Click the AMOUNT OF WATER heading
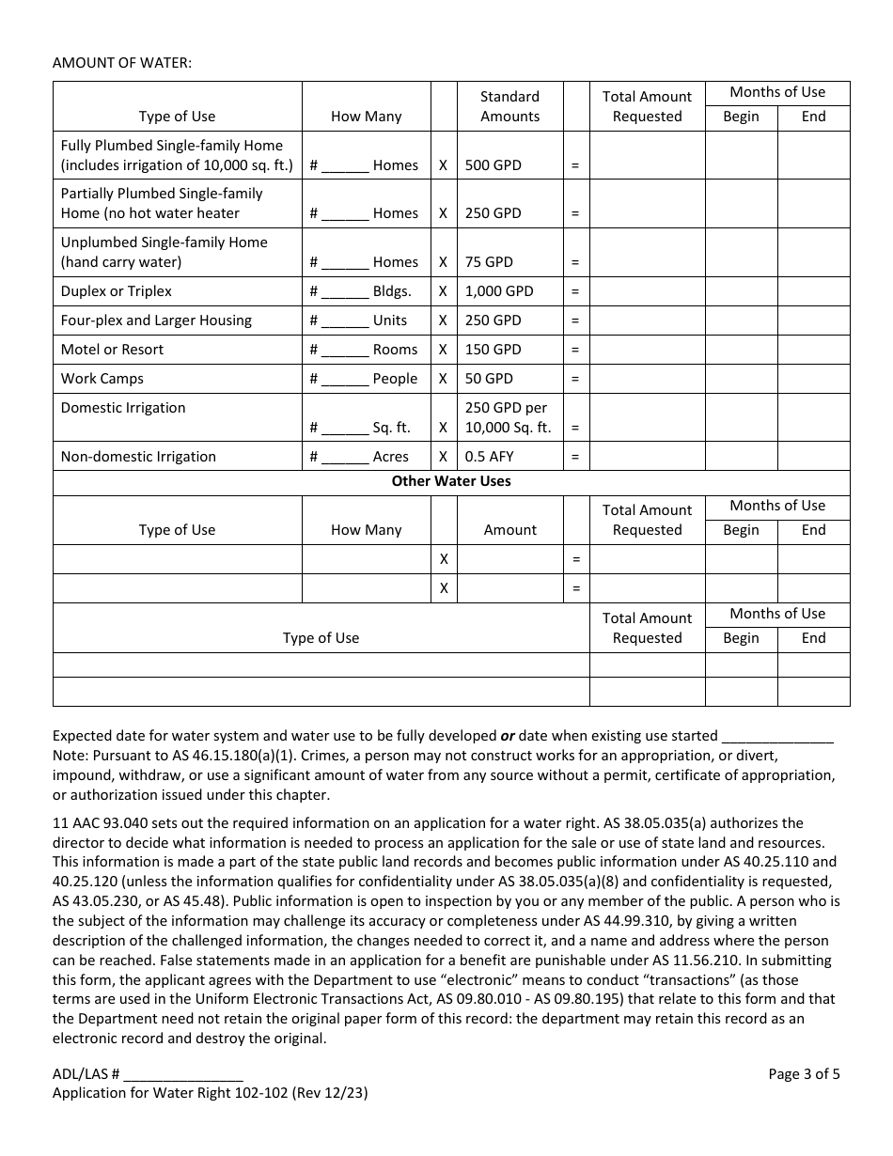pos(122,63)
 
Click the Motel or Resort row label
pos(112,350)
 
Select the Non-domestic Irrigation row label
pos(138,457)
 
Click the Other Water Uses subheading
pos(451,481)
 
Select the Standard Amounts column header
pos(509,106)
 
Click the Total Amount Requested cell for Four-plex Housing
pos(647,320)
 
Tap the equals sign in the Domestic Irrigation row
pos(575,428)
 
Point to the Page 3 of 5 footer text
pos(804,1074)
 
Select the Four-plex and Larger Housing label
pos(156,320)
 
